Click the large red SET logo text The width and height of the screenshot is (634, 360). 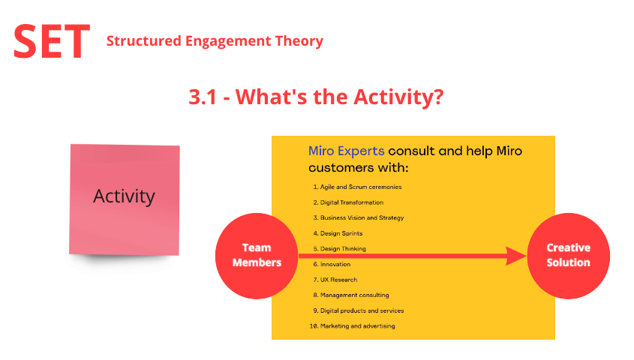(51, 41)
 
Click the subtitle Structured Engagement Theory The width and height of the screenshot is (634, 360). (215, 41)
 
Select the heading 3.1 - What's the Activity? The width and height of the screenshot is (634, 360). (316, 97)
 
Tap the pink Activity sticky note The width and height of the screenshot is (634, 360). (125, 199)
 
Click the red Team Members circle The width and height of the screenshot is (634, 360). (257, 256)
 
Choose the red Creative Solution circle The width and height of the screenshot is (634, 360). (569, 256)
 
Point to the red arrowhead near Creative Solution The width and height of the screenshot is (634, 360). (516, 256)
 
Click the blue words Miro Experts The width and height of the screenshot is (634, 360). (346, 151)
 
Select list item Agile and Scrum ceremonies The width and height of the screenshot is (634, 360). (357, 187)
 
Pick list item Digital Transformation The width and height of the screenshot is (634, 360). (348, 202)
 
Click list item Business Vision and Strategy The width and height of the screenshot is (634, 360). (358, 217)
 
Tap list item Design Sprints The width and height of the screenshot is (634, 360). (338, 233)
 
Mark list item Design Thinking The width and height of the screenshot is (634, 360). (339, 249)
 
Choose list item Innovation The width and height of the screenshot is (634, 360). (332, 264)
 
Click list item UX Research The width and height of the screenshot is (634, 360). (335, 280)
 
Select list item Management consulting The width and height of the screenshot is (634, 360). (351, 295)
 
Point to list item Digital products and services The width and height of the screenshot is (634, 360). (358, 310)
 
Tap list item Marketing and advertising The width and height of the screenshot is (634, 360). (352, 326)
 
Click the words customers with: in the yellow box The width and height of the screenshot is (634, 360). (359, 168)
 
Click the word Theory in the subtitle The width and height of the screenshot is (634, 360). (299, 41)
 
